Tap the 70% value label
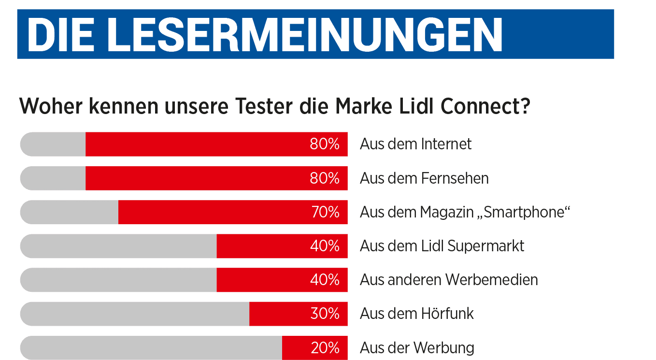325,212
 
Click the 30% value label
325,314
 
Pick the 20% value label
325,348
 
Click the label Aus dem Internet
415,144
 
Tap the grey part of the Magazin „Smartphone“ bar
70,212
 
